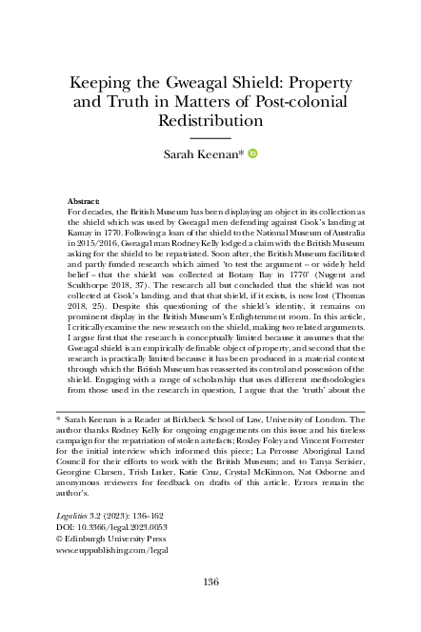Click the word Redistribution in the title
point(210,122)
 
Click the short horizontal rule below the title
point(210,138)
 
